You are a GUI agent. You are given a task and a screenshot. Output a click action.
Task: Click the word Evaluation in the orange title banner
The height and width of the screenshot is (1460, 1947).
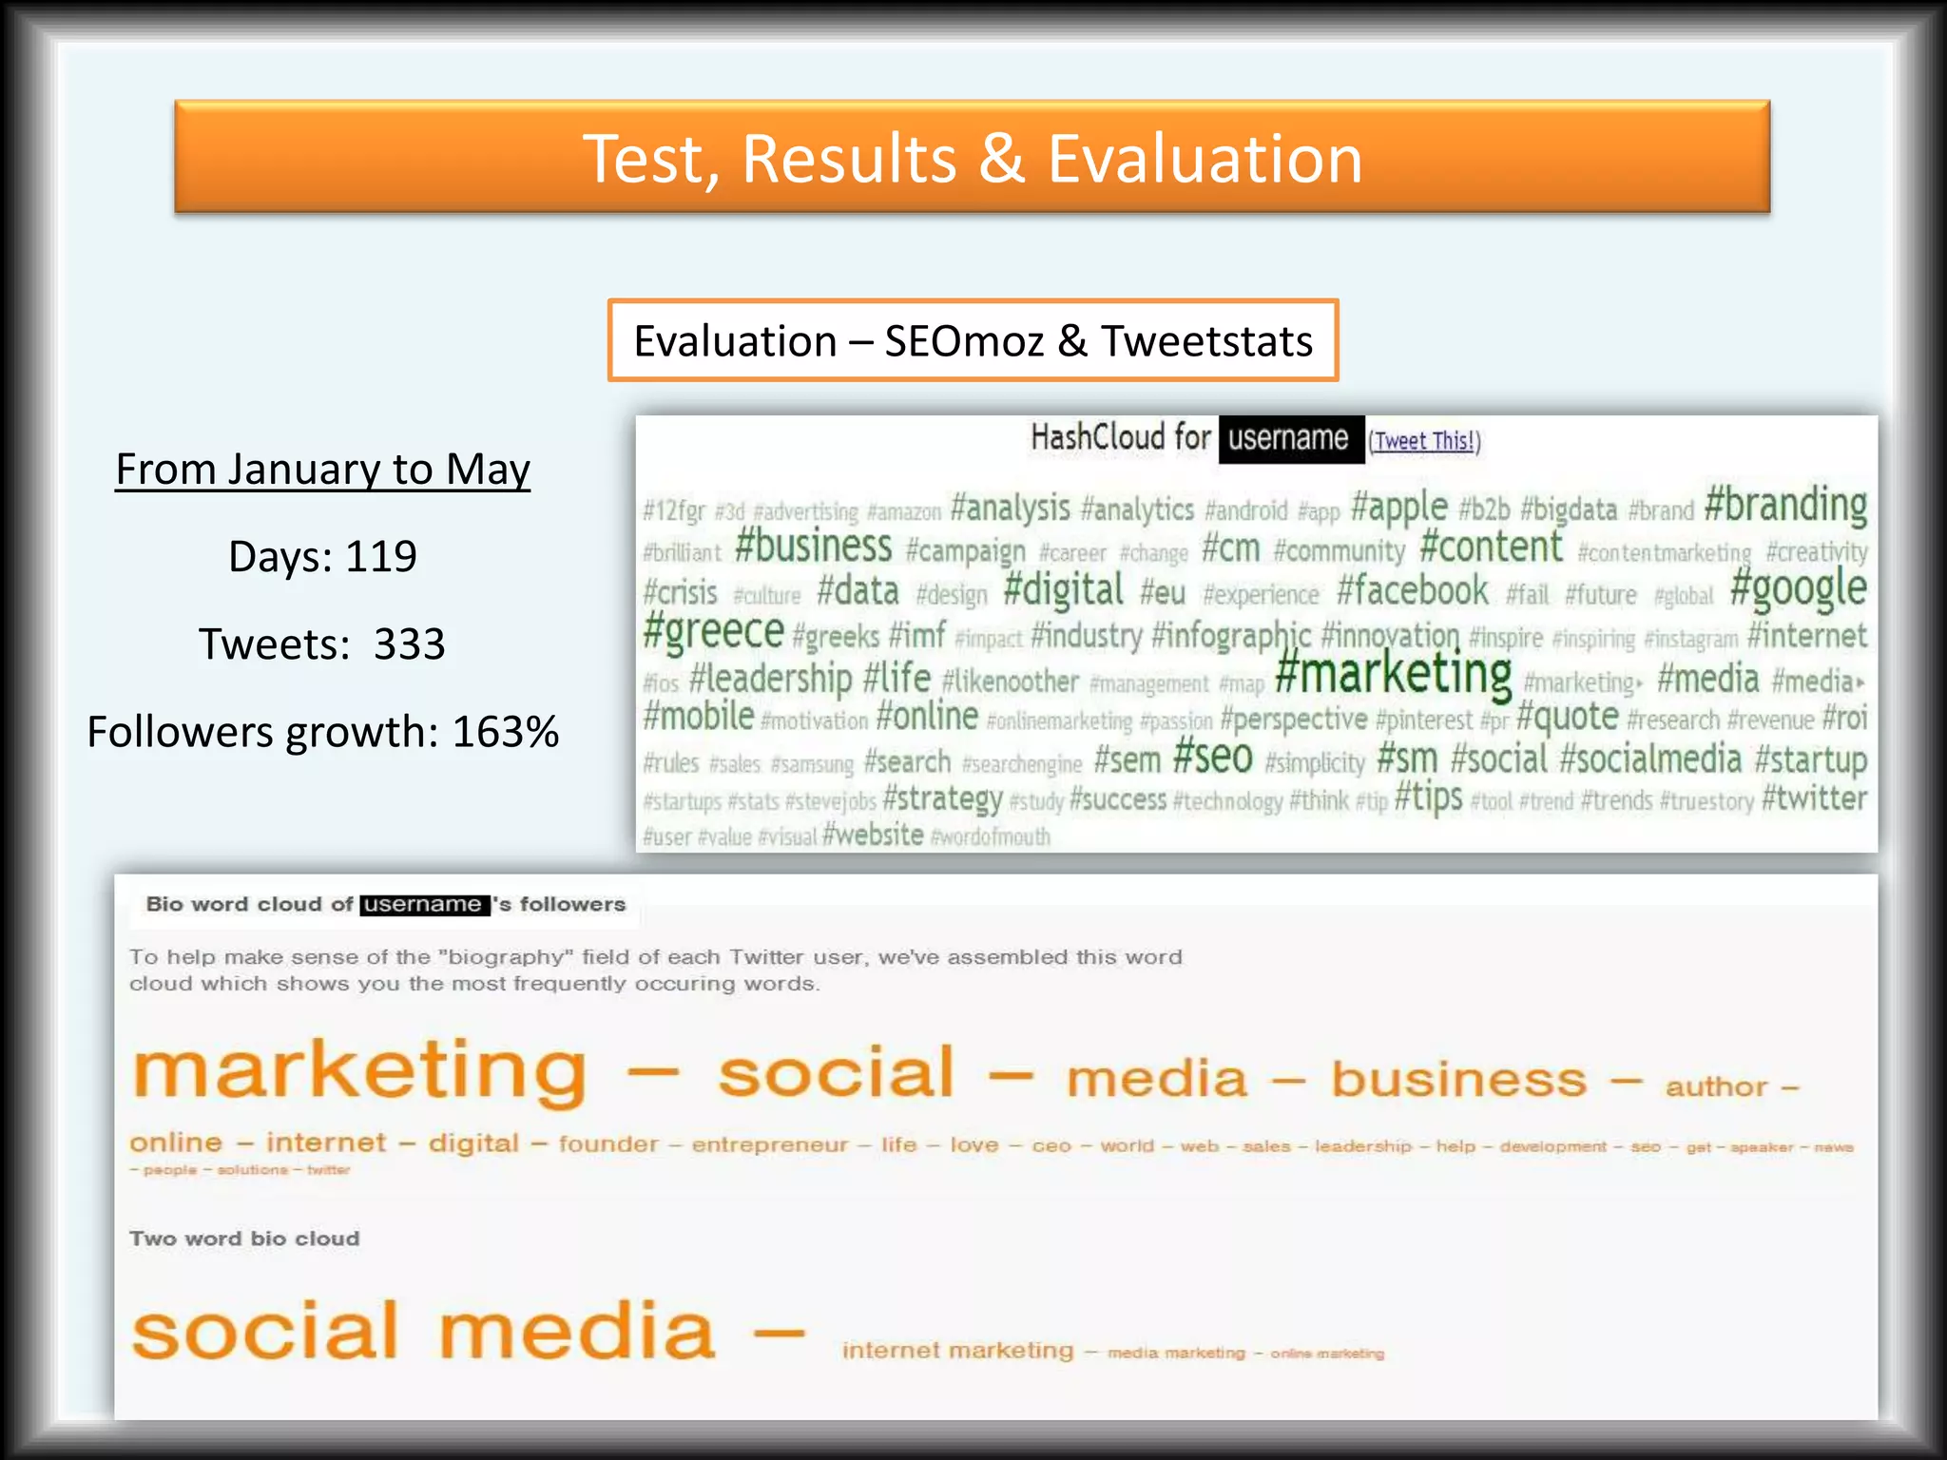tap(1205, 159)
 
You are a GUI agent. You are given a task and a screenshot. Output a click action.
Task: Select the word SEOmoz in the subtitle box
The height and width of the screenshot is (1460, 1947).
tap(964, 341)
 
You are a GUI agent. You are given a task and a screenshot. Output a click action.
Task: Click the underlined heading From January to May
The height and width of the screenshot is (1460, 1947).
tap(322, 470)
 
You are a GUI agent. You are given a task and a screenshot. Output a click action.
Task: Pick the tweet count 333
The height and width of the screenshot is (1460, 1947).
tap(409, 644)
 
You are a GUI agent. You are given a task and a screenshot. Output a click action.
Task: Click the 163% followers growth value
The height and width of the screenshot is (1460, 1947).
tap(505, 732)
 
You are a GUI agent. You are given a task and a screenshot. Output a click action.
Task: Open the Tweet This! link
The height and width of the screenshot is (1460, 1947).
tap(1424, 441)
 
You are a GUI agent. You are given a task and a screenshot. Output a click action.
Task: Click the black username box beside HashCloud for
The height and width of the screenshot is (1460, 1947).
tap(1290, 438)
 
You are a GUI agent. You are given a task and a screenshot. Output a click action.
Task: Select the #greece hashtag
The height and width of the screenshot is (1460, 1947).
tap(713, 632)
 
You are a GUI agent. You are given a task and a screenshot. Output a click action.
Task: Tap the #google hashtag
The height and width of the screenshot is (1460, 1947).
tap(1798, 589)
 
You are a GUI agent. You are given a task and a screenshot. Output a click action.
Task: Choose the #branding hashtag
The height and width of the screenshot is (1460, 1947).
tap(1785, 505)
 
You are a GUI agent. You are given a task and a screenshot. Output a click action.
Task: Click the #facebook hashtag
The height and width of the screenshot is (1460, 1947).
tap(1413, 591)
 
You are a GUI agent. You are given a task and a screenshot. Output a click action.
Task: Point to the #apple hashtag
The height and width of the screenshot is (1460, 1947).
tap(1398, 508)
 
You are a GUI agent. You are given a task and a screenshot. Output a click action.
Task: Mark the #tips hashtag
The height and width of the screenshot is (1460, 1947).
tap(1428, 797)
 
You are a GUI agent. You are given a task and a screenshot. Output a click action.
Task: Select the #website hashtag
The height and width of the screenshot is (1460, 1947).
tap(873, 836)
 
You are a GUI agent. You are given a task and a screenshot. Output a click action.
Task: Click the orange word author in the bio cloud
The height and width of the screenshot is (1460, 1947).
tap(1716, 1086)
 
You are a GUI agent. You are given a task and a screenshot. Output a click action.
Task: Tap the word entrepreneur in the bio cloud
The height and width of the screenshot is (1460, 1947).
tap(769, 1144)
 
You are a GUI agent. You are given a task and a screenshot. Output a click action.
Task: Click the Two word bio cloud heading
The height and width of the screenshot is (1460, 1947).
tap(244, 1239)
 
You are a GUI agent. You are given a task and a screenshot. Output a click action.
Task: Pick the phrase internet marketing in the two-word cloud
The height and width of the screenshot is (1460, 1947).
tap(957, 1351)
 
